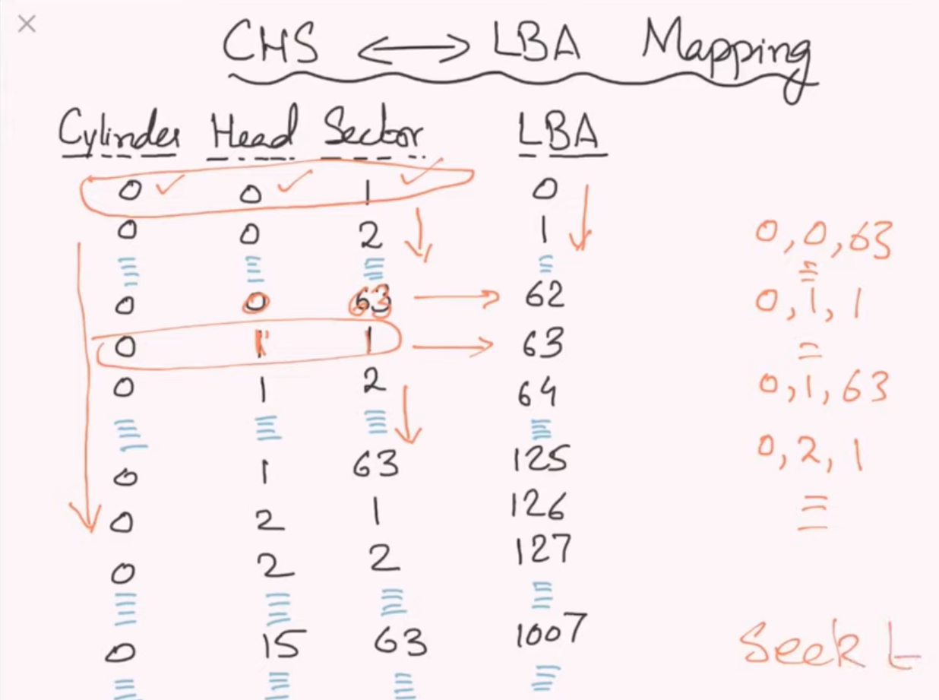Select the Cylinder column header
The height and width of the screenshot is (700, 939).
(119, 135)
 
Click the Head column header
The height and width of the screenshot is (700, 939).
(252, 135)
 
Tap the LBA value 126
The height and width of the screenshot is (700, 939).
(538, 505)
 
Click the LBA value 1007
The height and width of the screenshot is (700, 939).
(550, 631)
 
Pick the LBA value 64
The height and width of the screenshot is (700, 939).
(537, 394)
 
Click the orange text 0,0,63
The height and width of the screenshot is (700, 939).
(822, 240)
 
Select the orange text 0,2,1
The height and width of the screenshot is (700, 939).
(809, 455)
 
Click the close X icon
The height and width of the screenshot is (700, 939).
(27, 24)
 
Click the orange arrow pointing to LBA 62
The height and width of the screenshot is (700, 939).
(455, 297)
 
